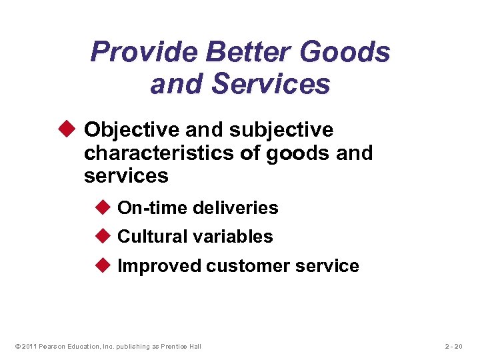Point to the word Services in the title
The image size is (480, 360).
pos(277,85)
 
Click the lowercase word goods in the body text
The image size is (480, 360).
pos(297,153)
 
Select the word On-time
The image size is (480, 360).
pos(152,208)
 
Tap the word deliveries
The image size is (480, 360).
pos(235,208)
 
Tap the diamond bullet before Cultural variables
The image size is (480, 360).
pos(105,236)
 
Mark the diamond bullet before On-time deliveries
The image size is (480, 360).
pos(105,207)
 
